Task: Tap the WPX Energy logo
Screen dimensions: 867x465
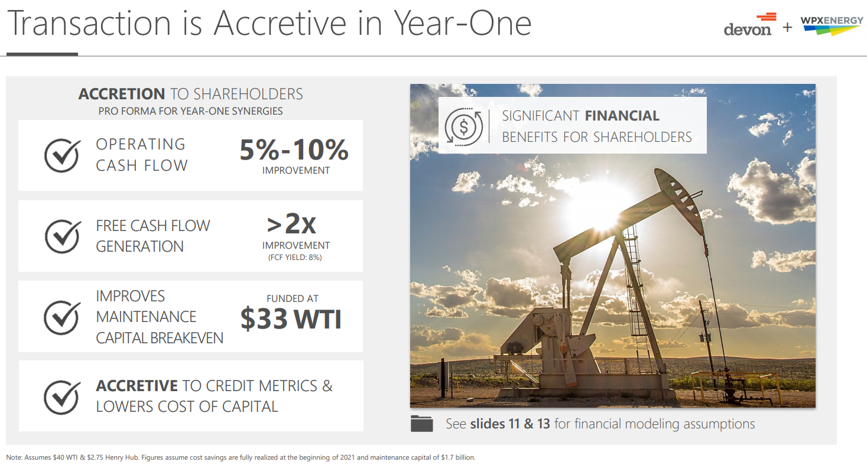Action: click(x=832, y=25)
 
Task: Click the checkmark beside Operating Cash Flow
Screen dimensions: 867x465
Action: click(x=62, y=155)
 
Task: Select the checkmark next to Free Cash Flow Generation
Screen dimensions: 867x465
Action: click(x=63, y=236)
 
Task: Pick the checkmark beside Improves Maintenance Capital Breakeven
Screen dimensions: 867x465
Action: click(x=62, y=317)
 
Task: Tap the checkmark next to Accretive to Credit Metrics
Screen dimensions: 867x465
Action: click(x=62, y=397)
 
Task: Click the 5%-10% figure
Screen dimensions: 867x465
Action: click(x=294, y=149)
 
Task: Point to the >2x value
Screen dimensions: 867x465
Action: click(x=291, y=223)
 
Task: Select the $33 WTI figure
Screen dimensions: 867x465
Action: click(x=291, y=319)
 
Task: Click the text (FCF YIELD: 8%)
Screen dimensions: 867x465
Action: click(x=295, y=257)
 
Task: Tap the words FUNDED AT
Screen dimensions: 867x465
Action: click(x=293, y=298)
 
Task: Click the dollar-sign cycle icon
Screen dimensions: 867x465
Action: click(x=463, y=126)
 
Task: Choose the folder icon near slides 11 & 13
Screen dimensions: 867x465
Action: click(x=422, y=424)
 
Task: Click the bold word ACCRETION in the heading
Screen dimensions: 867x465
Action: click(x=122, y=94)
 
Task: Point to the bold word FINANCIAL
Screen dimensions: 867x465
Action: click(x=622, y=116)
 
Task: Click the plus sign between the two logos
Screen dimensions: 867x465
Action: click(x=787, y=27)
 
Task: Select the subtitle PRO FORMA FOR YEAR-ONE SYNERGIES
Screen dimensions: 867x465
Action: click(x=190, y=111)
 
